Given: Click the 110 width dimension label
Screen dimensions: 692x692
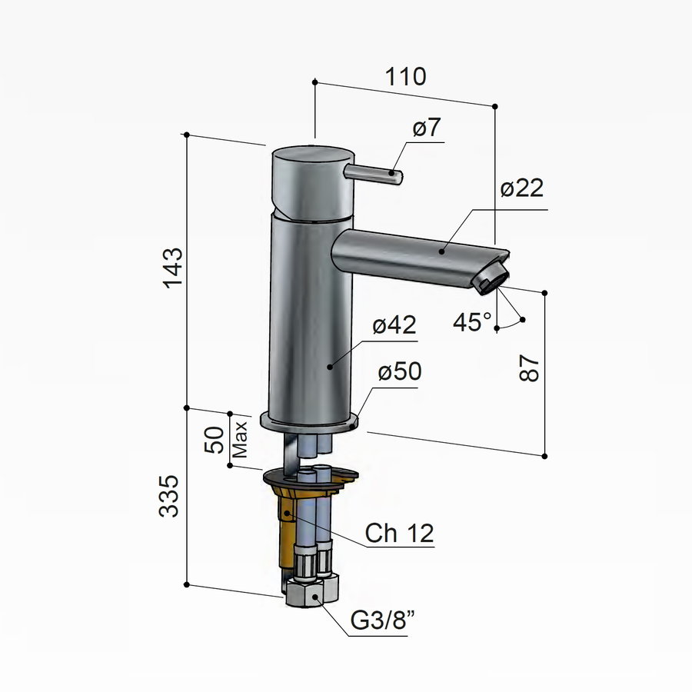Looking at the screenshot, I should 405,77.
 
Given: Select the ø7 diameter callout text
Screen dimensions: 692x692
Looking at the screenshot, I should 427,128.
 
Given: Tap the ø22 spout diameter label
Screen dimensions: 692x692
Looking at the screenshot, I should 521,188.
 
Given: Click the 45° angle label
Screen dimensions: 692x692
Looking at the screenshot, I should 472,322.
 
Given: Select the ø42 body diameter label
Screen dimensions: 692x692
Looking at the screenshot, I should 394,327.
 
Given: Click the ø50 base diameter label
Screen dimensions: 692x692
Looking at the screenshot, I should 400,373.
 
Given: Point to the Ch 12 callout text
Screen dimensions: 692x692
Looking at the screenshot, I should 399,533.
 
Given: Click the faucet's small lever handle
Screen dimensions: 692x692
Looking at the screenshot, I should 376,173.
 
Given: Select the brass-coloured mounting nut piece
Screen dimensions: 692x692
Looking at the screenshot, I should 286,523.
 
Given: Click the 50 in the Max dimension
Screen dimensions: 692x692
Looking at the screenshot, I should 218,440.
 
